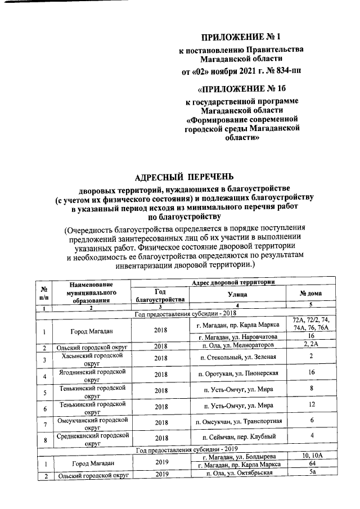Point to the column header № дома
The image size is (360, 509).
(x=310, y=294)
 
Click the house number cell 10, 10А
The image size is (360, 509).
(x=310, y=455)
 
